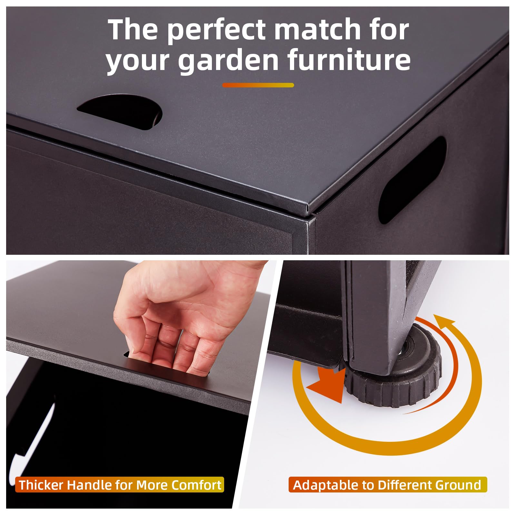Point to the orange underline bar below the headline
point(258,85)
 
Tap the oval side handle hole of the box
point(413,179)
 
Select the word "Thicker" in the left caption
point(40,485)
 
